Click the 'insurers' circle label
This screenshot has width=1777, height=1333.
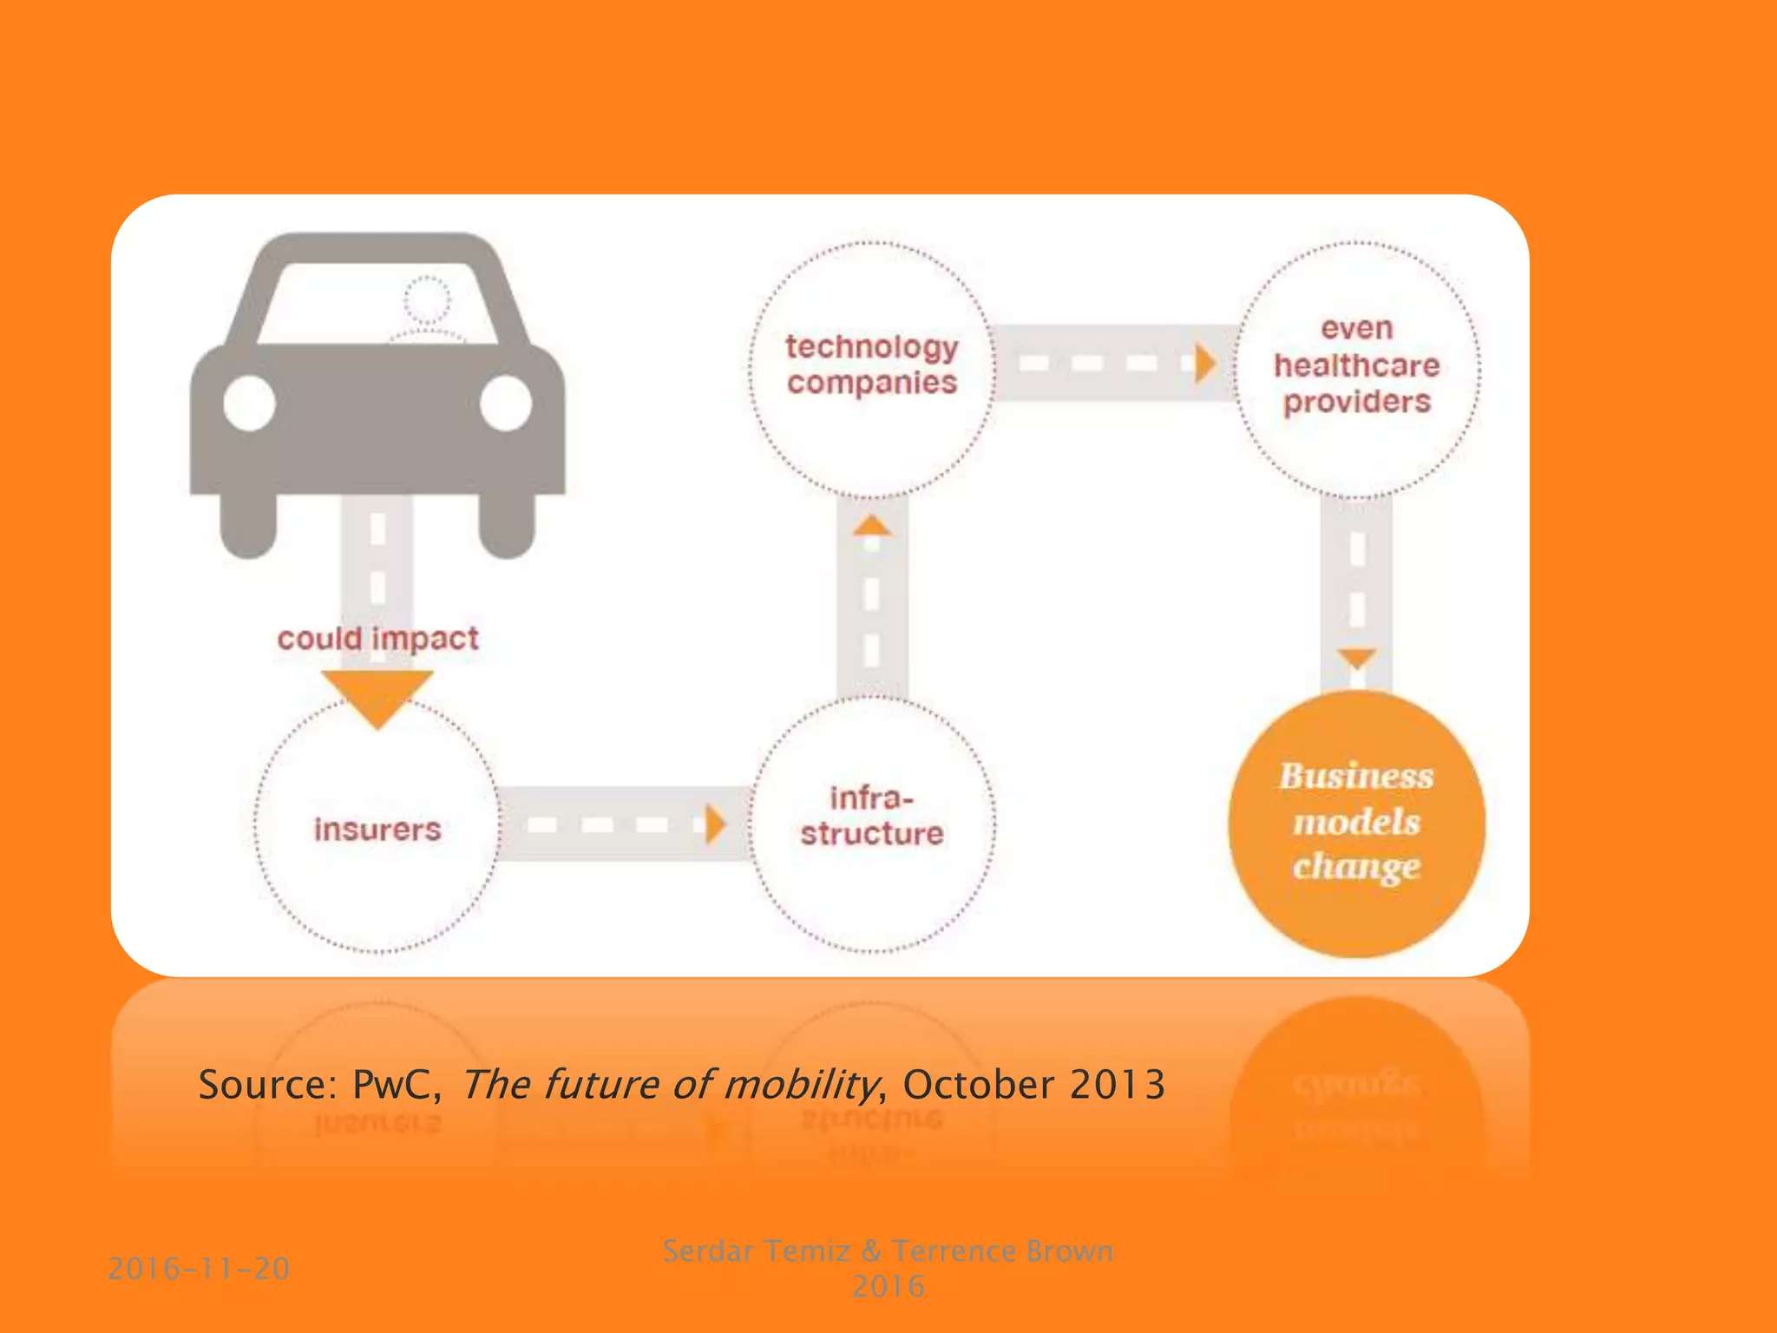377,829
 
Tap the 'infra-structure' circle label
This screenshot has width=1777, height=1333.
872,816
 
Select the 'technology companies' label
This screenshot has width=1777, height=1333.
872,364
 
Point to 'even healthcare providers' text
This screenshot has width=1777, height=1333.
1357,365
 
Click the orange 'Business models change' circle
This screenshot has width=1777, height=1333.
1357,823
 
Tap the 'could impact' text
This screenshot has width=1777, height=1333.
377,639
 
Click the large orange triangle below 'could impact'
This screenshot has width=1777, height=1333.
377,694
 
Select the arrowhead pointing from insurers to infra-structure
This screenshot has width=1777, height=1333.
715,824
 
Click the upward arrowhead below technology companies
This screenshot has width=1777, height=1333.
872,526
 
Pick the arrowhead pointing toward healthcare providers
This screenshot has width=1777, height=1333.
1203,364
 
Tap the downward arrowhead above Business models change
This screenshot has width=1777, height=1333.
1357,658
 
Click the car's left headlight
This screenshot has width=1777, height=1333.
250,404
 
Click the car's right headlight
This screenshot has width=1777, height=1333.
506,404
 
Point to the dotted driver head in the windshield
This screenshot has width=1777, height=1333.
428,300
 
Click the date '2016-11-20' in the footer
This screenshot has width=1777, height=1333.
199,1269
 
